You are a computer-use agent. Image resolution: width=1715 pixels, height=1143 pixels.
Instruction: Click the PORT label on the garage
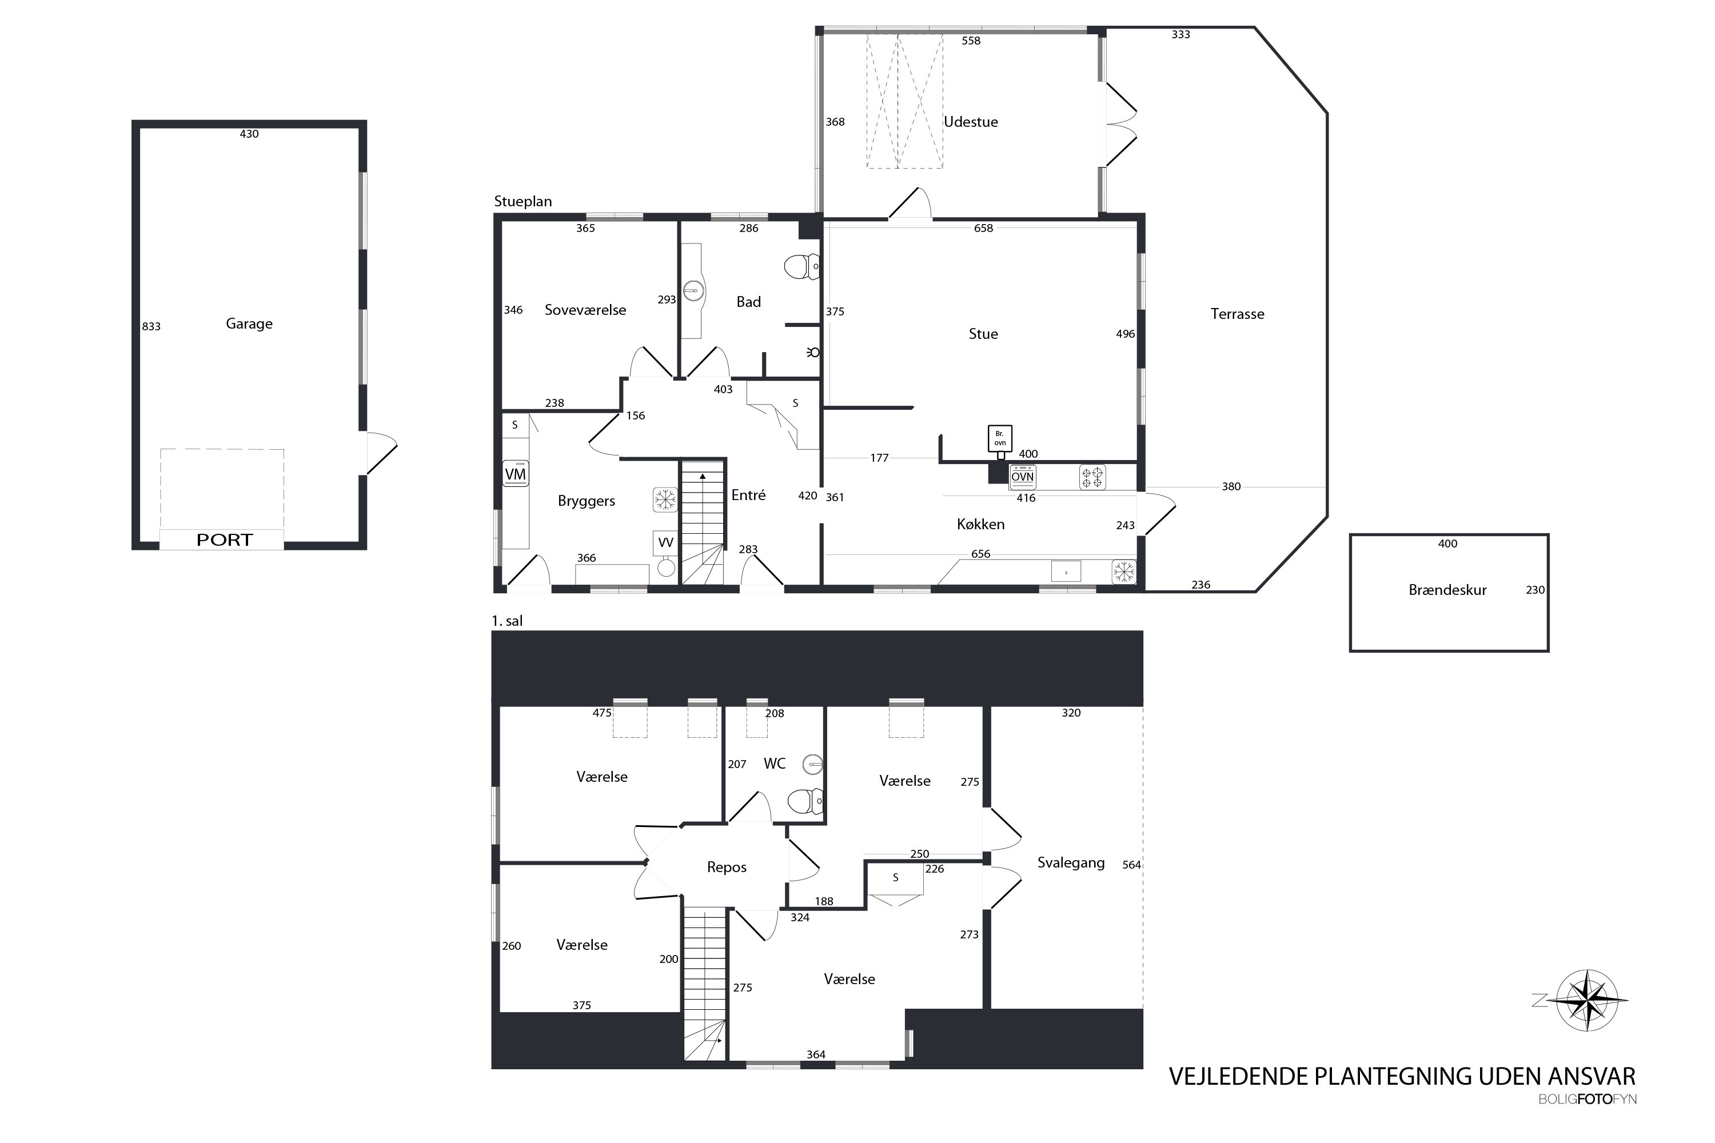[224, 540]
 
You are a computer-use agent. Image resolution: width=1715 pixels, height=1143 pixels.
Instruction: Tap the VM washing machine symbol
[516, 474]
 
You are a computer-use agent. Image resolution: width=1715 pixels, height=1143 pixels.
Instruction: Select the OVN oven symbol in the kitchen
[1022, 477]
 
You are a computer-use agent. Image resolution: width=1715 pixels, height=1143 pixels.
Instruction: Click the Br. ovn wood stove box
[1000, 438]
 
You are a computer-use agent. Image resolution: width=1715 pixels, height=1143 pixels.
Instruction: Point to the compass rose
[1588, 1000]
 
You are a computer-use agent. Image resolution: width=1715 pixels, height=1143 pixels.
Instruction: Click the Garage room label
[249, 323]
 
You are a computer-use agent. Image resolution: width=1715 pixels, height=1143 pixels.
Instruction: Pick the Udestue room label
[971, 122]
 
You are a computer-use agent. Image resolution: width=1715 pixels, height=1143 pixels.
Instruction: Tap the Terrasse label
[1238, 314]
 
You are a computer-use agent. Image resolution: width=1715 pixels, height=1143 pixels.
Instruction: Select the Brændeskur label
[1447, 590]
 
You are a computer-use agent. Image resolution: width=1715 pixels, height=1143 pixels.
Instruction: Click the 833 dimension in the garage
[151, 326]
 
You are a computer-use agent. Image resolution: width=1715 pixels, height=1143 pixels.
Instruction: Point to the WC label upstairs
[775, 763]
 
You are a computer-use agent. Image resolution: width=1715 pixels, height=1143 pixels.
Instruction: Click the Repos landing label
[726, 868]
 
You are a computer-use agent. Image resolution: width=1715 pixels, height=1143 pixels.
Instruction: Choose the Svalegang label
[1070, 863]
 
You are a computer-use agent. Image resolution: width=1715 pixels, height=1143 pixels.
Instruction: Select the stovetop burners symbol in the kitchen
[1092, 477]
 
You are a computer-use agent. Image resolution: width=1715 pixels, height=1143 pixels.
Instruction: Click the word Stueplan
[523, 201]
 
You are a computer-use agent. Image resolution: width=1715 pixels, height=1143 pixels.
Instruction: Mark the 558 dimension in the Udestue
[971, 41]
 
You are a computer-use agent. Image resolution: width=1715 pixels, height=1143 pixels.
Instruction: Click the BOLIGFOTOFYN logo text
[1588, 1099]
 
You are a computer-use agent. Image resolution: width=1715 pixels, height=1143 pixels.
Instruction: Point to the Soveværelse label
[585, 310]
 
